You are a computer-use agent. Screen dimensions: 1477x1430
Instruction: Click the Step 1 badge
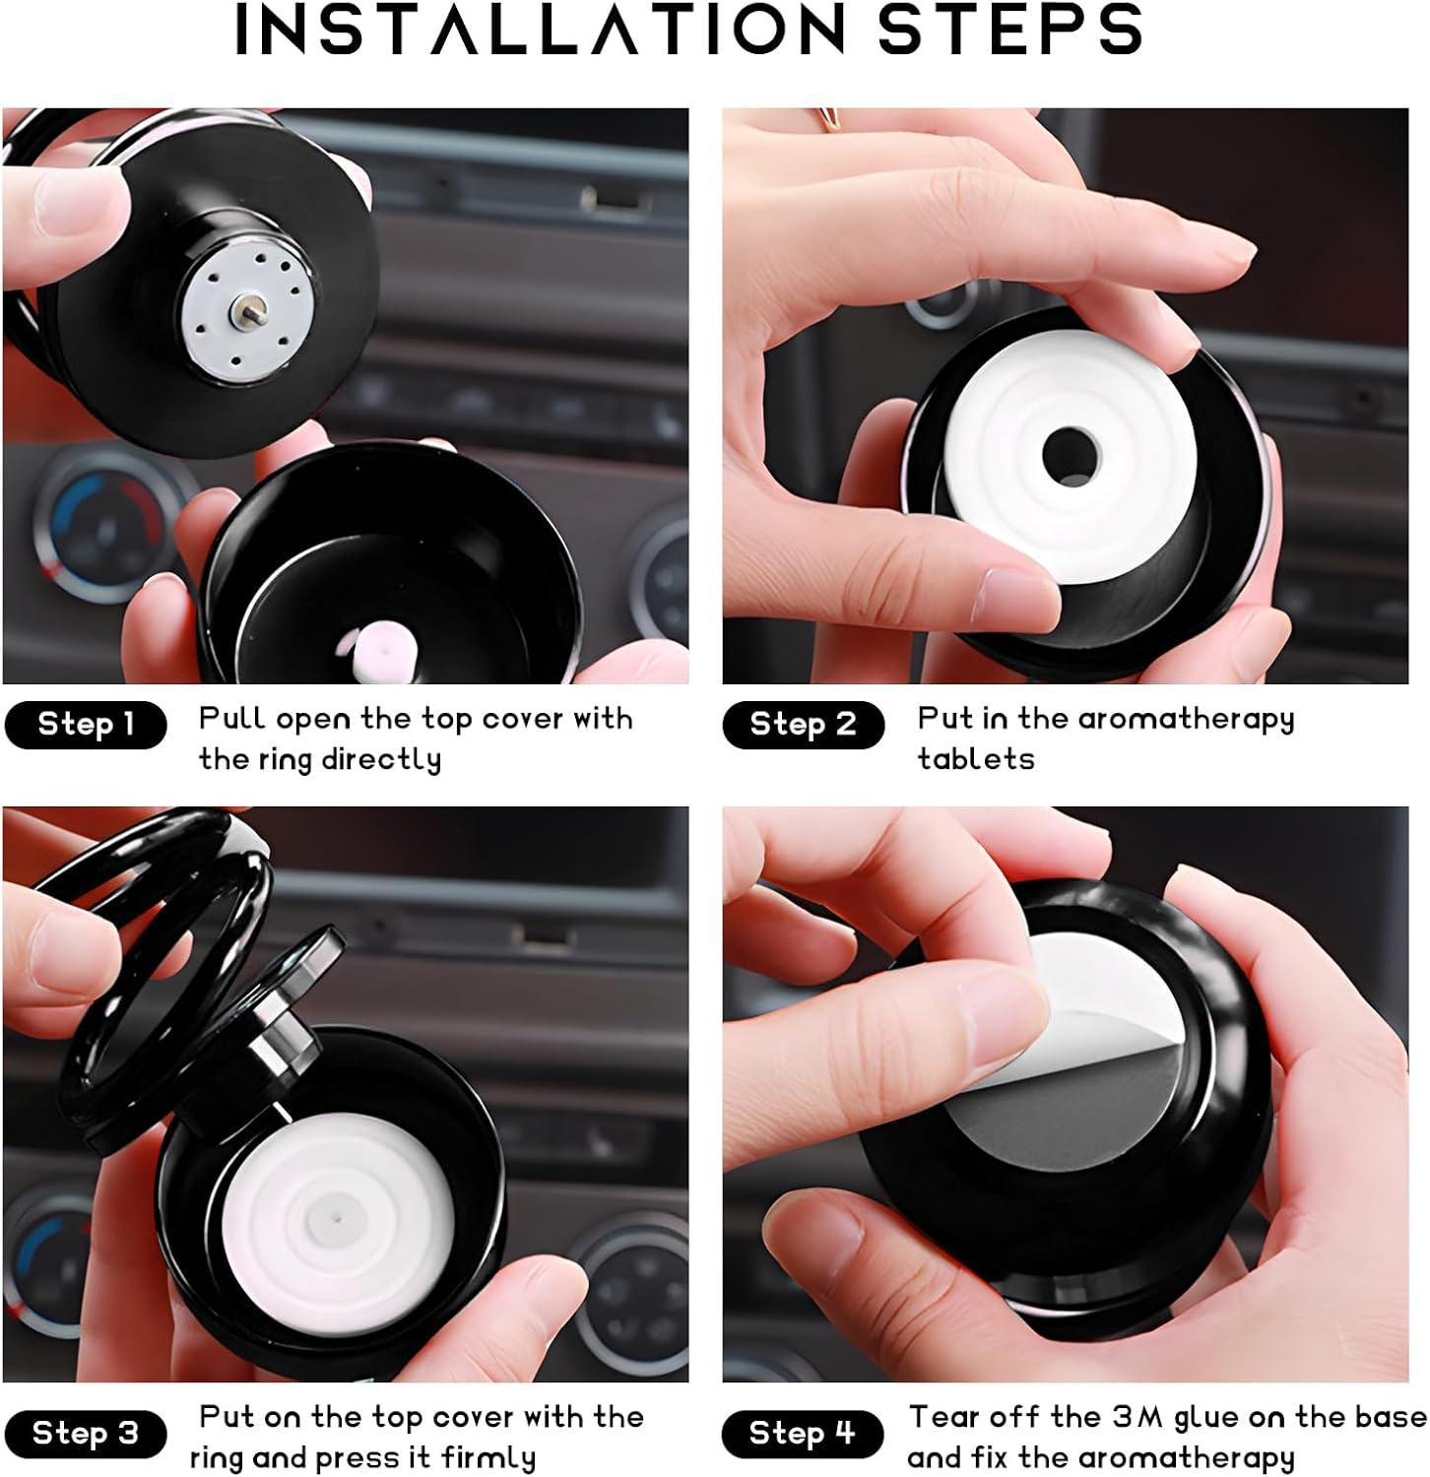tap(86, 725)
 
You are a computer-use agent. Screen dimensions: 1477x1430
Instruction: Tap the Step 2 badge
tap(803, 725)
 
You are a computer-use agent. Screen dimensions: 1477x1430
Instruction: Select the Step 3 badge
tap(86, 1434)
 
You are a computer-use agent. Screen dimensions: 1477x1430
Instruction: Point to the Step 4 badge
tap(803, 1434)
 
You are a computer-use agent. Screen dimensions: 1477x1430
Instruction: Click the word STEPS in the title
tap(1009, 30)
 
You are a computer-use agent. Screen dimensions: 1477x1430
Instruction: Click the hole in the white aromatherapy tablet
tap(1071, 455)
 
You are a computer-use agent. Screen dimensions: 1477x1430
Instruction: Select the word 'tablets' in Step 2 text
tap(976, 759)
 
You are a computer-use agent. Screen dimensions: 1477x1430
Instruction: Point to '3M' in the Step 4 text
tap(1137, 1417)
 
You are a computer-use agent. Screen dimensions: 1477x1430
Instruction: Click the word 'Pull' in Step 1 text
tap(232, 719)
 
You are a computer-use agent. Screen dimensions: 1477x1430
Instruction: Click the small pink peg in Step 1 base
tap(379, 650)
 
